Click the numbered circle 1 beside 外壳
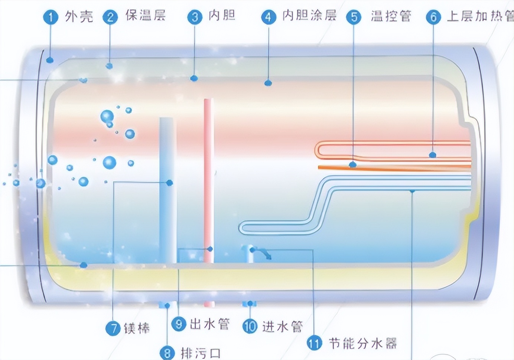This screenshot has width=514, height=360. pyautogui.click(x=51, y=17)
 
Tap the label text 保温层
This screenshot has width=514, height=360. pyautogui.click(x=145, y=16)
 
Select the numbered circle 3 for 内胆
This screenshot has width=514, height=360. pyautogui.click(x=195, y=17)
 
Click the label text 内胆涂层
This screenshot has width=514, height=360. pyautogui.click(x=309, y=16)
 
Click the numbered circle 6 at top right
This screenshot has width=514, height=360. pyautogui.click(x=433, y=17)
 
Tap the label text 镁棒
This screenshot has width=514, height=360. pyautogui.click(x=137, y=328)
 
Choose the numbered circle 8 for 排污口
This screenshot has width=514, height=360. pyautogui.click(x=167, y=353)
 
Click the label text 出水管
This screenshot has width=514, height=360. pyautogui.click(x=209, y=324)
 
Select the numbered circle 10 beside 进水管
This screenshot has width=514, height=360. pyautogui.click(x=250, y=326)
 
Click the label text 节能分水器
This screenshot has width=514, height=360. pyautogui.click(x=362, y=343)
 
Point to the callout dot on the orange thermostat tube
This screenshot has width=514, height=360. pyautogui.click(x=353, y=164)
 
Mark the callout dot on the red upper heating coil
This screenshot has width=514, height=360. pyautogui.click(x=432, y=154)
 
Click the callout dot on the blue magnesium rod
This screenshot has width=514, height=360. pyautogui.click(x=170, y=183)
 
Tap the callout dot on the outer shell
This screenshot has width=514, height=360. pyautogui.click(x=50, y=60)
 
